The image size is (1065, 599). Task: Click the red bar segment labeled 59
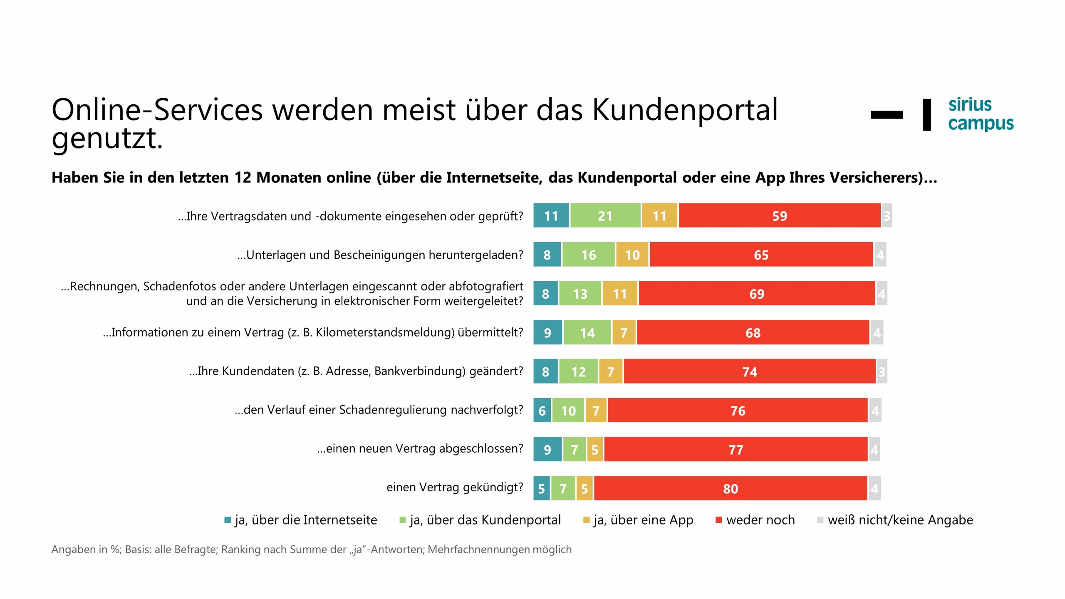coord(779,215)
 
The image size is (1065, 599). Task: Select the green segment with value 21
coord(605,215)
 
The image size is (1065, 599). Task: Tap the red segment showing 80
coord(730,488)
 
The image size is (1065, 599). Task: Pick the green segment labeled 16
coord(588,255)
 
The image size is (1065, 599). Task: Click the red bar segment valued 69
coord(756,294)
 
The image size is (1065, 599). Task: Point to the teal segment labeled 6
coord(542,411)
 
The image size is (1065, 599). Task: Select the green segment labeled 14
coord(587,333)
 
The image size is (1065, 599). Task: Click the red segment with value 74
coord(749,371)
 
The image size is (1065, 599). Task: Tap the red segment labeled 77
coord(736,450)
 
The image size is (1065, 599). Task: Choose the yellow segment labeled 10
coord(632,255)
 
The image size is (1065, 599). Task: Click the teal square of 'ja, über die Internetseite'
coord(228,520)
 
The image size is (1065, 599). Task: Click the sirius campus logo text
coord(980,114)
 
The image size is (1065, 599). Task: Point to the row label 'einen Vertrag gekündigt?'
coord(454,487)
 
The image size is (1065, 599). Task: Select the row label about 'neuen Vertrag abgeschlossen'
coord(420,448)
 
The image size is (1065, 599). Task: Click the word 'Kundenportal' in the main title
coord(684,110)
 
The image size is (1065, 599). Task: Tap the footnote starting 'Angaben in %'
coord(311,549)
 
